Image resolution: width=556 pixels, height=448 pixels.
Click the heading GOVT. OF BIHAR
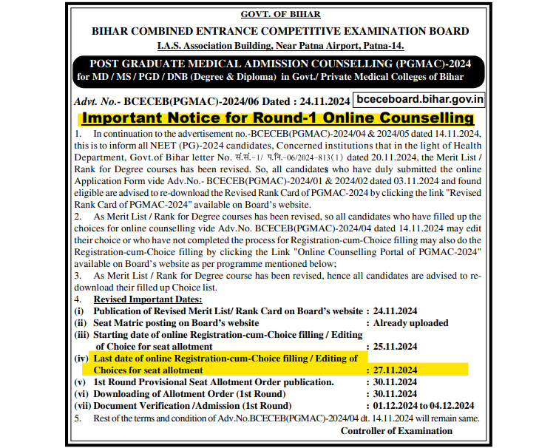[x=279, y=15]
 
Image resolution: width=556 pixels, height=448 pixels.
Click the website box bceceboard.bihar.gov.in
[x=418, y=98]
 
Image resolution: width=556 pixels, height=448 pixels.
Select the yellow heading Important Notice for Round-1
[x=277, y=118]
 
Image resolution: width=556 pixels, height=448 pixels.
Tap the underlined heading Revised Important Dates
[x=147, y=299]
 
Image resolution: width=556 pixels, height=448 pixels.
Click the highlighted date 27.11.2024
[x=395, y=370]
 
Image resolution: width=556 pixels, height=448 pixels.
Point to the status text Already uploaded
[x=410, y=323]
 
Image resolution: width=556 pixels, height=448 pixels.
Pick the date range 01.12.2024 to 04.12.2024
[x=423, y=406]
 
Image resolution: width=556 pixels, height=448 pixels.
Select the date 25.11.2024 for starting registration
[x=395, y=346]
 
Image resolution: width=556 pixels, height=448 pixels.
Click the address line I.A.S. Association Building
[x=279, y=45]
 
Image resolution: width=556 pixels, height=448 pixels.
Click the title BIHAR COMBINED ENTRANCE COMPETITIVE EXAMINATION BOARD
[x=279, y=31]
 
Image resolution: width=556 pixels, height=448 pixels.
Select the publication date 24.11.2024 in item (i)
[x=395, y=311]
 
